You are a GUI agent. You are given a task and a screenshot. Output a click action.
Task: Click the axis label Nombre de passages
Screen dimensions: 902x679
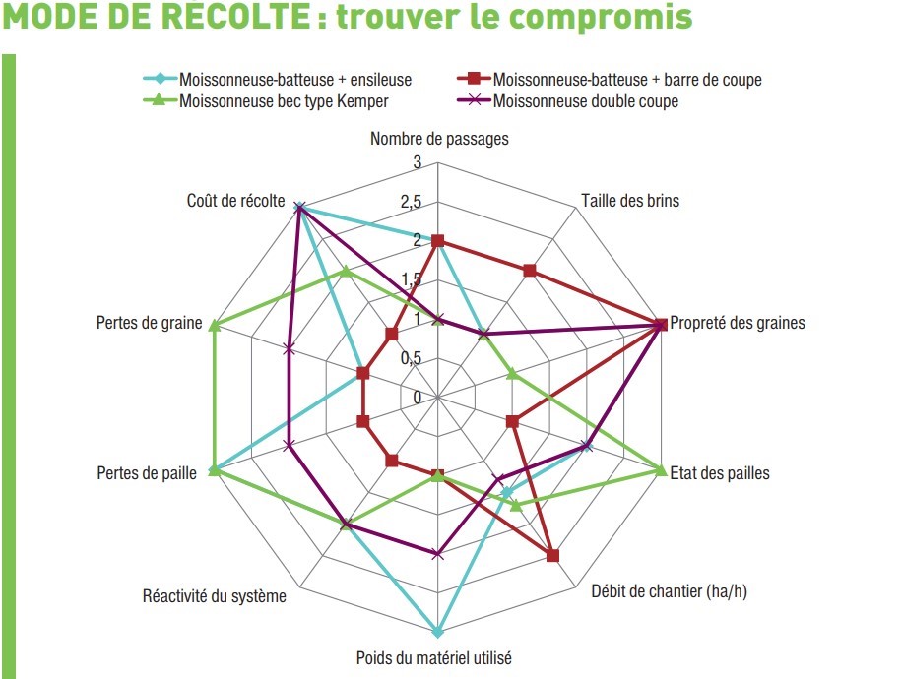tap(439, 139)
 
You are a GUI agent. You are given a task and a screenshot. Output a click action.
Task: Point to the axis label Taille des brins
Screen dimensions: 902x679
tap(630, 200)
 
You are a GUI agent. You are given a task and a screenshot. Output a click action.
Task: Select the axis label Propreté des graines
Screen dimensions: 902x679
tap(738, 323)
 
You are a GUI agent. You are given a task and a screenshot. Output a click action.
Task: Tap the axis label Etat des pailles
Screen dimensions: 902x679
tap(720, 473)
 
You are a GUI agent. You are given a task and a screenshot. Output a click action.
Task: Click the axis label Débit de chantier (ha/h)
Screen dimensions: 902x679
tap(669, 591)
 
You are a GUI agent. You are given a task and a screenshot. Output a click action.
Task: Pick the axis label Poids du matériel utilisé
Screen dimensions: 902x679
tap(433, 657)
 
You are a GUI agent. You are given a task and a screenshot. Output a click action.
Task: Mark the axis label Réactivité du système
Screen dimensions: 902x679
tap(215, 595)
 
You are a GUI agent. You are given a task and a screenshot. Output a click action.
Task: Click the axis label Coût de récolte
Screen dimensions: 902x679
tap(236, 200)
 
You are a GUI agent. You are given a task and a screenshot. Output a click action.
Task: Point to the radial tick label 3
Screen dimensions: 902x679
tap(418, 162)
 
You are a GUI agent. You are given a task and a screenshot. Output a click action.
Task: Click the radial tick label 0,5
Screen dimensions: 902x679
tap(412, 357)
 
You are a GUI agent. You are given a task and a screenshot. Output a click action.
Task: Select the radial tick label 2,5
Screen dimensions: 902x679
tap(412, 201)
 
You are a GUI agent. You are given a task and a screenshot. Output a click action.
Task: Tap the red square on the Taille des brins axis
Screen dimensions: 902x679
tap(530, 271)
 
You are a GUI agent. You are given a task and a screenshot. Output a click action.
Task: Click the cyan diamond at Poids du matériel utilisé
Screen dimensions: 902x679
tap(438, 632)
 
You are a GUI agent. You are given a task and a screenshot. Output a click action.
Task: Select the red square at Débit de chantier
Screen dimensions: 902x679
tap(552, 555)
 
